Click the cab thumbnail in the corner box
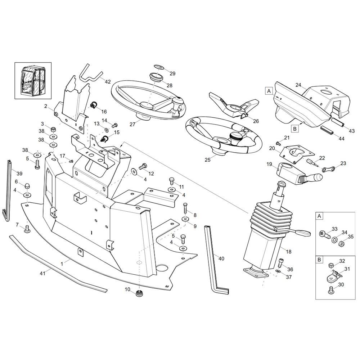click(x=33, y=80)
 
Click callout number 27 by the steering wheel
click(x=132, y=124)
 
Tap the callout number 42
click(x=108, y=82)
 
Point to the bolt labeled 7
click(x=27, y=229)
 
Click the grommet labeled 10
click(x=139, y=293)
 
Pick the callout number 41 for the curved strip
click(x=42, y=273)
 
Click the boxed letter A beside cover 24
click(x=269, y=91)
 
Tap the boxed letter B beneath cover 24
click(x=295, y=129)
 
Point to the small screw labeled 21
click(x=279, y=144)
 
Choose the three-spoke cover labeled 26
click(x=234, y=105)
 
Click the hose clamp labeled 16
click(x=93, y=105)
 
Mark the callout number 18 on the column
click(x=289, y=251)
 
